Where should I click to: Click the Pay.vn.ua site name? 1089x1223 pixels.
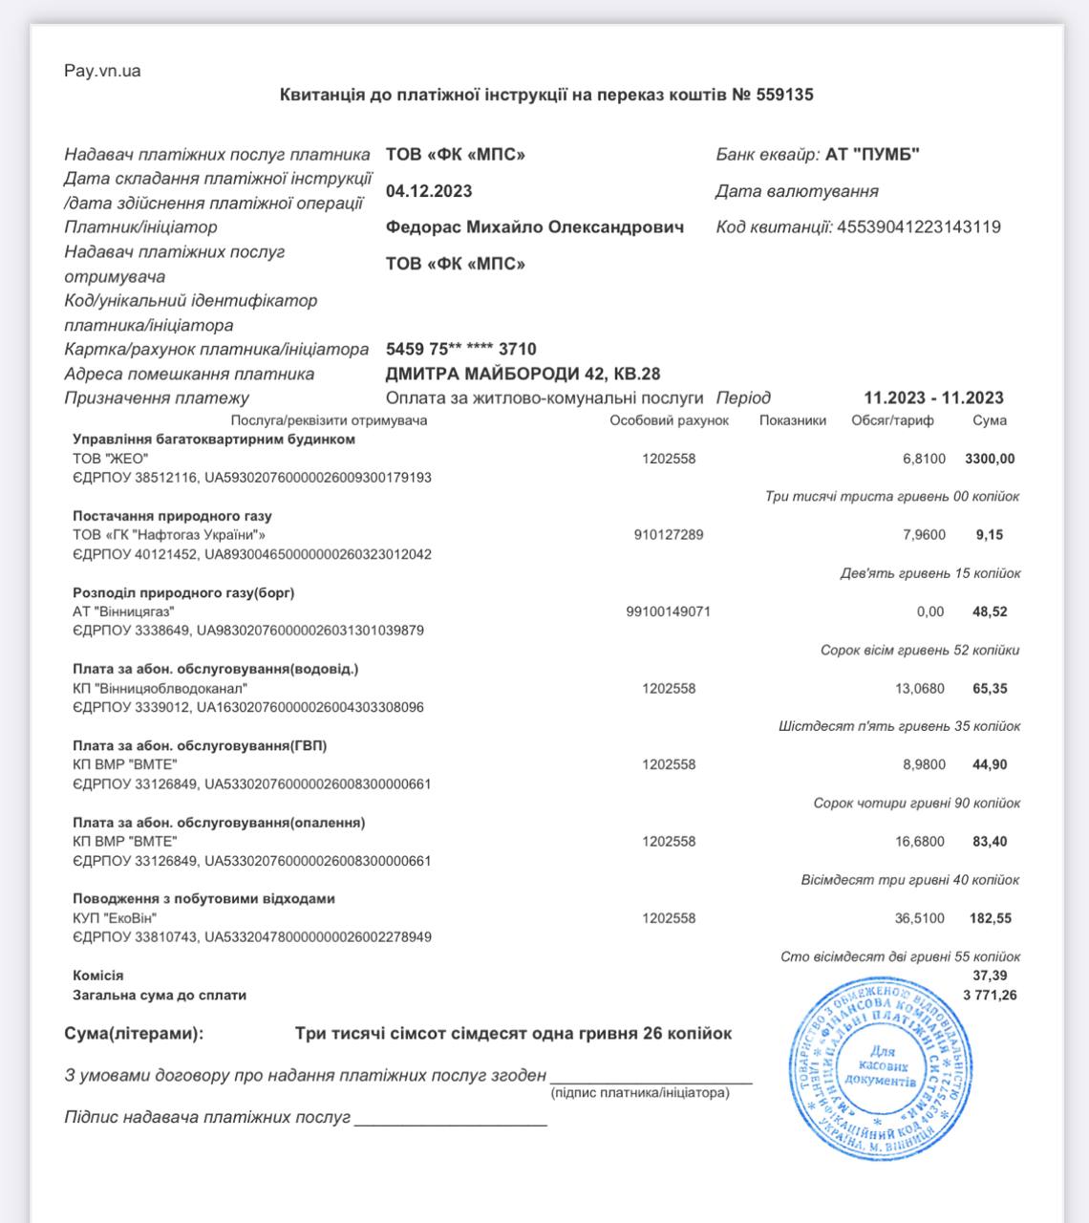102,71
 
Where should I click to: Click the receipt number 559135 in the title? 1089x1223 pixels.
784,95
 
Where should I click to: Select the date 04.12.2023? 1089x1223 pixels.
429,191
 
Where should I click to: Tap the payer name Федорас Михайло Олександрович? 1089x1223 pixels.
535,227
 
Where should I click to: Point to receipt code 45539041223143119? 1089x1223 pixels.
918,227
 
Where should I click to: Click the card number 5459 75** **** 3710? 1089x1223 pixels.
461,350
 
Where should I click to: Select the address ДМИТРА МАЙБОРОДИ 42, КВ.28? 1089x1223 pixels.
523,374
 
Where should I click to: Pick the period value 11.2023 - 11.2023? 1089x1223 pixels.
933,398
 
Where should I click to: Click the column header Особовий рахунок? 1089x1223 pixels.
669,420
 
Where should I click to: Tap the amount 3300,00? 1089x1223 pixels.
990,459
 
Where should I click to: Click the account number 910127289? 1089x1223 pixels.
669,535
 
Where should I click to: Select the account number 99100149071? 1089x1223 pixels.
669,611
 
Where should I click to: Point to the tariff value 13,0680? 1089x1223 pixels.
923,688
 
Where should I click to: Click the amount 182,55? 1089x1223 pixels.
990,918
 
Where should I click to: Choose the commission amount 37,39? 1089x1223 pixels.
990,976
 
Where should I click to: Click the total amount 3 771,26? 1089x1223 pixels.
990,996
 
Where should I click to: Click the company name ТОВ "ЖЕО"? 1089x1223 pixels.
111,459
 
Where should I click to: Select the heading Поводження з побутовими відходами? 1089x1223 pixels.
203,899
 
